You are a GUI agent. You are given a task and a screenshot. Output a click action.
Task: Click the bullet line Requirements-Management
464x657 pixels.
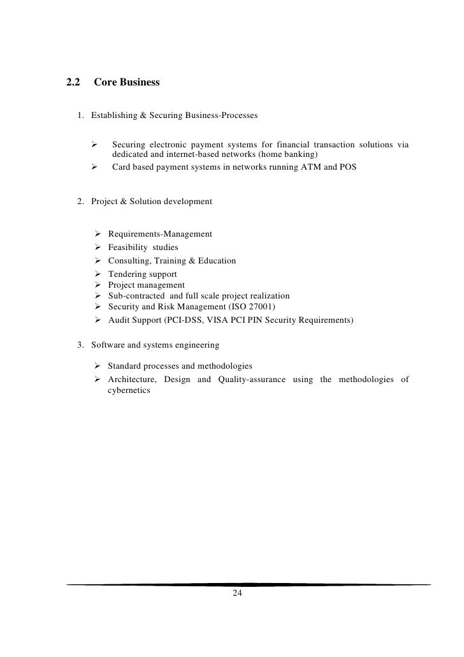(160, 234)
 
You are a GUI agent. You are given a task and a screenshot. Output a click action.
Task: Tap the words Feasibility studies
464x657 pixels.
(143, 247)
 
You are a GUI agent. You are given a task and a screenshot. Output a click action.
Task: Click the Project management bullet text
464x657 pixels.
(146, 285)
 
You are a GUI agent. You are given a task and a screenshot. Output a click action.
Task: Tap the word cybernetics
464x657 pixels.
(129, 391)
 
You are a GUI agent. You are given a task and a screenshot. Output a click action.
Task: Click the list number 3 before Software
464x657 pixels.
(80, 345)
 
